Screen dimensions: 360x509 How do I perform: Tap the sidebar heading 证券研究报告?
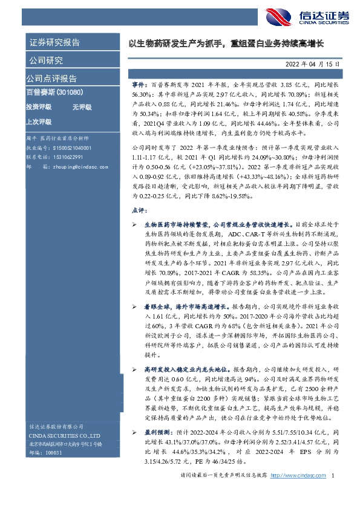point(54,42)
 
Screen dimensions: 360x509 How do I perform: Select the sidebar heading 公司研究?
point(46,60)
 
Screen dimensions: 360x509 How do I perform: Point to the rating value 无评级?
point(82,107)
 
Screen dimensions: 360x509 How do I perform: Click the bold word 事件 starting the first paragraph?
point(139,86)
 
